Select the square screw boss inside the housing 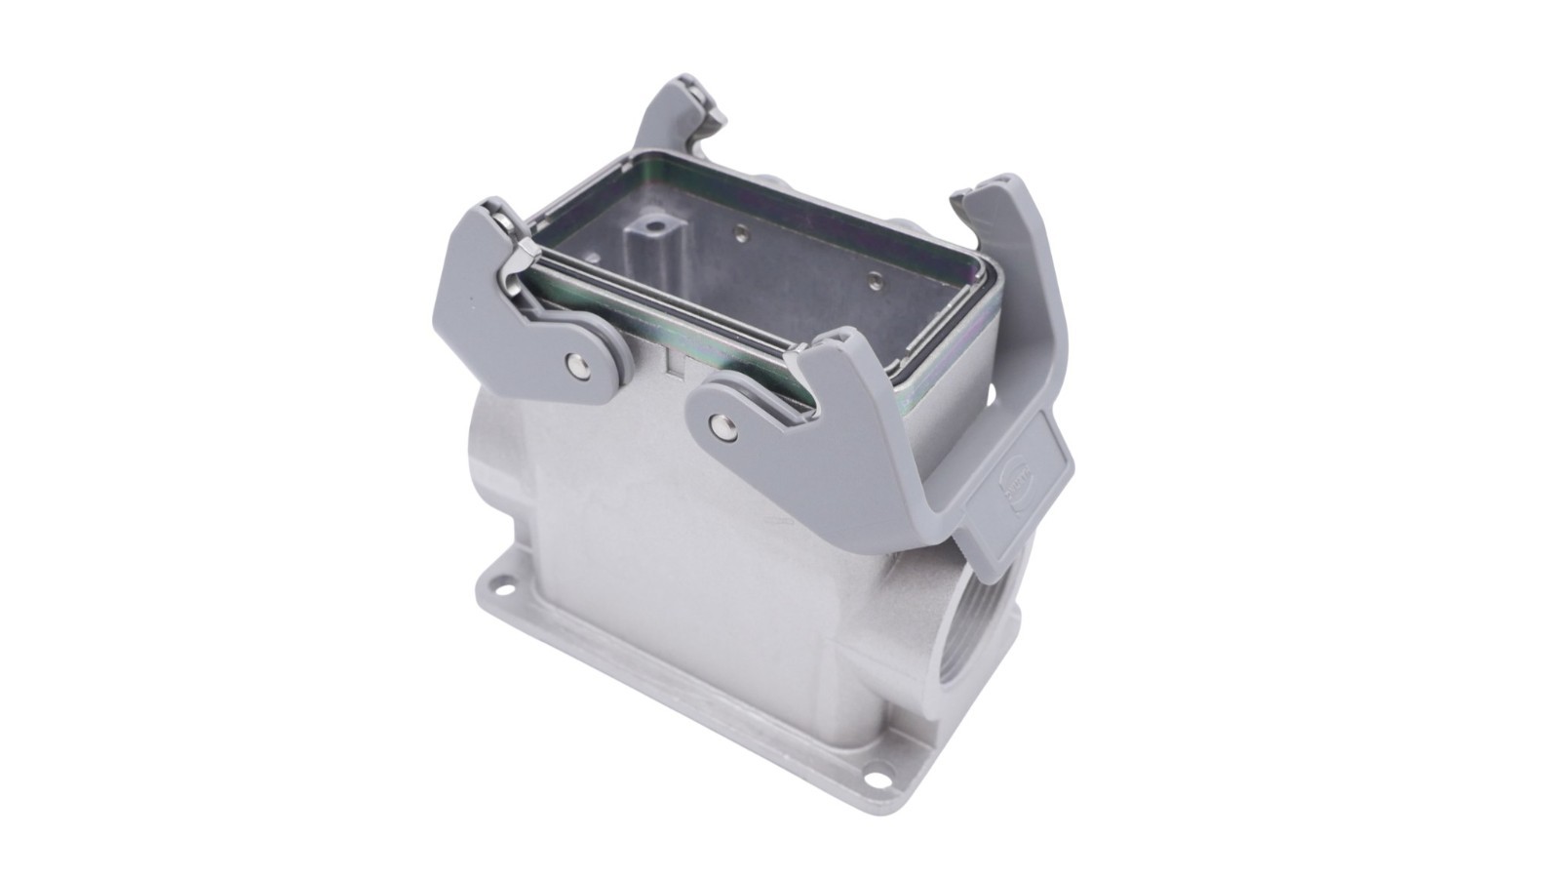pos(646,235)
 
